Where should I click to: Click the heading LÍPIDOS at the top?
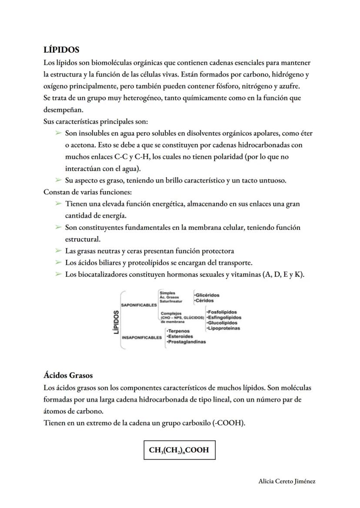click(x=61, y=50)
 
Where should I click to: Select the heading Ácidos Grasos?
click(x=68, y=375)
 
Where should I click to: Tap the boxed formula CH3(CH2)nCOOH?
click(x=179, y=450)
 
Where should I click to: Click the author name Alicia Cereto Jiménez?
click(x=287, y=481)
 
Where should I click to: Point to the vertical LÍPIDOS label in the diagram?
click(x=116, y=322)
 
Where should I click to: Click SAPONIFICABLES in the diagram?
click(x=140, y=305)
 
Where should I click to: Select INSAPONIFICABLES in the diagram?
click(x=142, y=337)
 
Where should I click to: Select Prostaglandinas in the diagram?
click(x=186, y=342)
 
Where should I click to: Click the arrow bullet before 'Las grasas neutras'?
click(x=58, y=251)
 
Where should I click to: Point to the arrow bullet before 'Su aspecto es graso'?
click(x=58, y=180)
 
